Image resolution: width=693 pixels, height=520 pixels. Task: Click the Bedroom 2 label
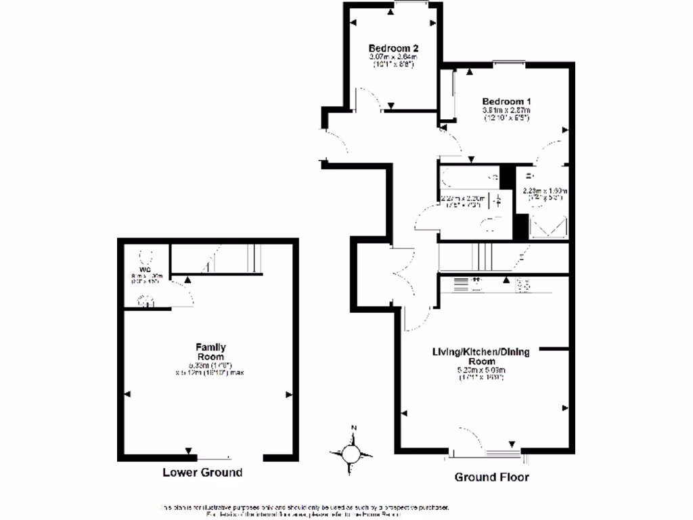393,48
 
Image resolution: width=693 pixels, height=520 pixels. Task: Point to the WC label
143,268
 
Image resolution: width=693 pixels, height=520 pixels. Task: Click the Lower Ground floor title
202,473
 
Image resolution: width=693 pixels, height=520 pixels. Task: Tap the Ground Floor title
491,477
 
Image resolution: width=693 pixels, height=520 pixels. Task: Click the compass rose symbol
352,453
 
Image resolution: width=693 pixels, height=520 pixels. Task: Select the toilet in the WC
144,256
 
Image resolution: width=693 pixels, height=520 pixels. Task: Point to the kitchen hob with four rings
523,286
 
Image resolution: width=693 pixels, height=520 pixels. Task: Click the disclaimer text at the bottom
304,511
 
